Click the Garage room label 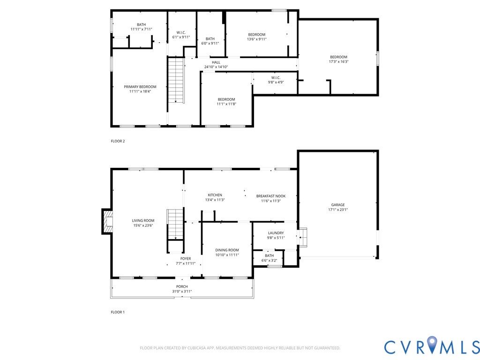338,205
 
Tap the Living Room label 143,220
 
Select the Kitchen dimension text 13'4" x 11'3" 215,200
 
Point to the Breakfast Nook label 271,196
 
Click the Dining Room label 227,250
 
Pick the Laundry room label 276,233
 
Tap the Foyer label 186,259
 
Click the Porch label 182,286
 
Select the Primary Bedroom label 140,87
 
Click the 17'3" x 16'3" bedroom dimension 338,61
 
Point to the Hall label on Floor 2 216,62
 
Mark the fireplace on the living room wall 107,222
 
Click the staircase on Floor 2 176,81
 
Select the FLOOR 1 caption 118,312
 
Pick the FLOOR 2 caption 118,141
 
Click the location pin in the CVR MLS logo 432,344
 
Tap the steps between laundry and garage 303,237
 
